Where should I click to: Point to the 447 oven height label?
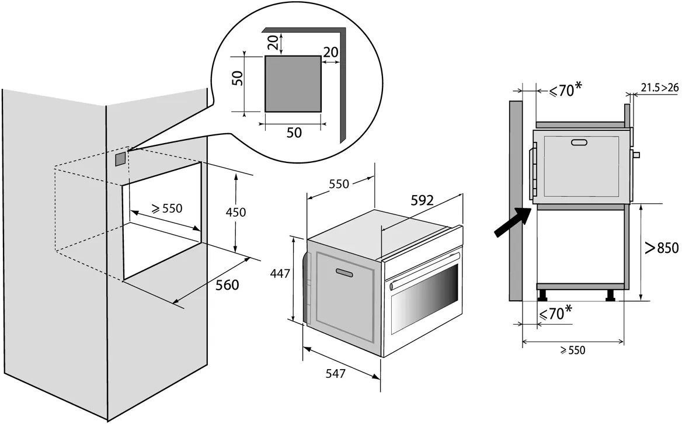(x=280, y=273)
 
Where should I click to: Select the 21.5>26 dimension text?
(x=659, y=88)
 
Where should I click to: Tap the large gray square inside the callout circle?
(x=293, y=84)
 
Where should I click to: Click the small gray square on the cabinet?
(x=120, y=158)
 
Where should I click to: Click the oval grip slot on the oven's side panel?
(x=345, y=272)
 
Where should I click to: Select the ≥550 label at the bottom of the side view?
(x=572, y=350)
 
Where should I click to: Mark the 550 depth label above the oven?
(x=338, y=184)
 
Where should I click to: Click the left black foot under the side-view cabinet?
(x=543, y=296)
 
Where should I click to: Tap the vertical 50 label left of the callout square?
(x=236, y=79)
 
